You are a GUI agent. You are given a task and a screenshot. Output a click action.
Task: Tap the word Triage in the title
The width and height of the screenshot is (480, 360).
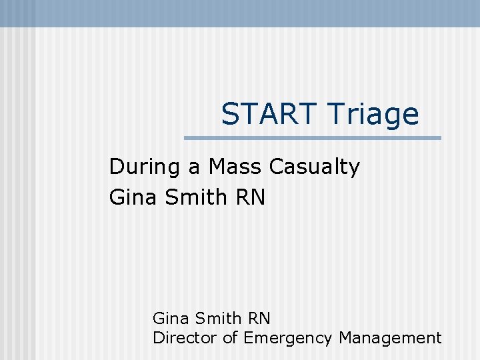click(x=373, y=115)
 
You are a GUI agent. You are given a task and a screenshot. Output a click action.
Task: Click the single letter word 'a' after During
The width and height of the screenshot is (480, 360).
click(x=195, y=167)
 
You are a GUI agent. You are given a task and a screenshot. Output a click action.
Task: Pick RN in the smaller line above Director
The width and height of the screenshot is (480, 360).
click(x=260, y=318)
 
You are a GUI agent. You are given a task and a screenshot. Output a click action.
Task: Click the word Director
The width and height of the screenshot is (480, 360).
click(x=185, y=338)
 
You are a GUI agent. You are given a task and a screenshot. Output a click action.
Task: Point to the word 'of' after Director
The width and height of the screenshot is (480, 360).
click(x=230, y=338)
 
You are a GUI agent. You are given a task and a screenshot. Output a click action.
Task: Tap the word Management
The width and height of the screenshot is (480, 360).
click(x=390, y=339)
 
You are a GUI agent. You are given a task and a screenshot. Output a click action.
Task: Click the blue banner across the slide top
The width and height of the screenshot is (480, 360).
click(x=240, y=13)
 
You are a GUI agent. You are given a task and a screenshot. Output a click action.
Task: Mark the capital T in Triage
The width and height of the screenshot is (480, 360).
click(x=335, y=115)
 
